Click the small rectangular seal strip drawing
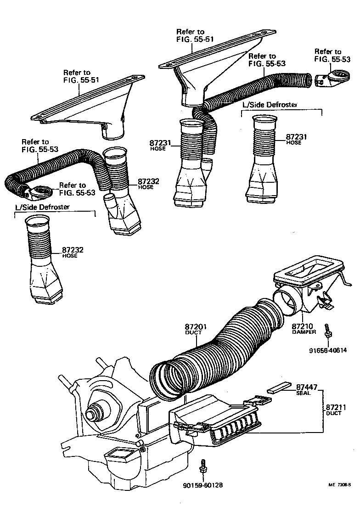click(x=279, y=388)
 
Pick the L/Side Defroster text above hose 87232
click(x=42, y=207)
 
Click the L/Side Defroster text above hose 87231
click(x=270, y=105)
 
